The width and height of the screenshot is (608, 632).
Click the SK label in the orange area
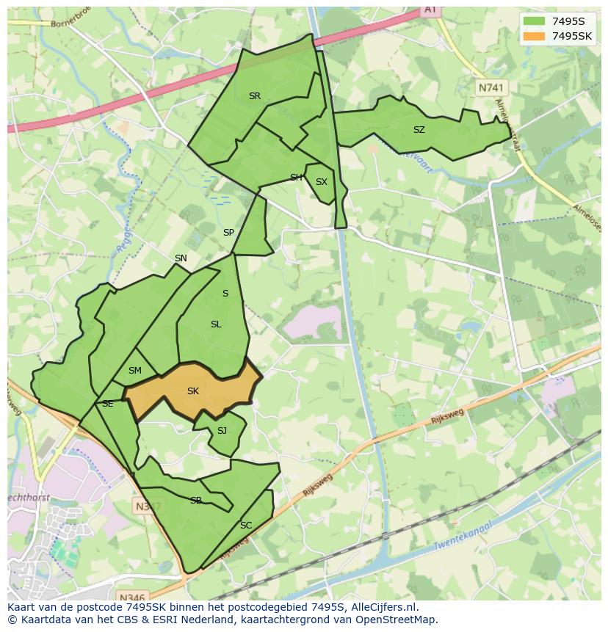(x=193, y=391)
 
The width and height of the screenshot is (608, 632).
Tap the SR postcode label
(x=255, y=96)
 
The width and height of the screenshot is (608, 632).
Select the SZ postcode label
(x=419, y=130)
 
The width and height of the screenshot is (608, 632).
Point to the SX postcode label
(x=322, y=182)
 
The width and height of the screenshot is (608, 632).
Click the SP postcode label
(x=228, y=233)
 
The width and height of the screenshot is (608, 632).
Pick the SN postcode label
(x=181, y=258)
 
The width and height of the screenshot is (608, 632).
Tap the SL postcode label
(x=216, y=324)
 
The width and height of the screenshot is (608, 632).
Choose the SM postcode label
(x=134, y=371)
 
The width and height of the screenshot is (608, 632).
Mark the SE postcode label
(x=108, y=404)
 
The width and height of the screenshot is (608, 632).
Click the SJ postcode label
(x=222, y=431)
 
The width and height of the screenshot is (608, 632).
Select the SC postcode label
(x=246, y=526)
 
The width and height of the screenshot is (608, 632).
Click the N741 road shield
(x=491, y=87)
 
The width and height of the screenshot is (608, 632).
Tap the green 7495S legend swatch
(x=534, y=21)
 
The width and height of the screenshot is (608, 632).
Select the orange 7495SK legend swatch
(x=534, y=36)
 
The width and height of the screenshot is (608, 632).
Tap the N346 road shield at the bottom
(x=131, y=597)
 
